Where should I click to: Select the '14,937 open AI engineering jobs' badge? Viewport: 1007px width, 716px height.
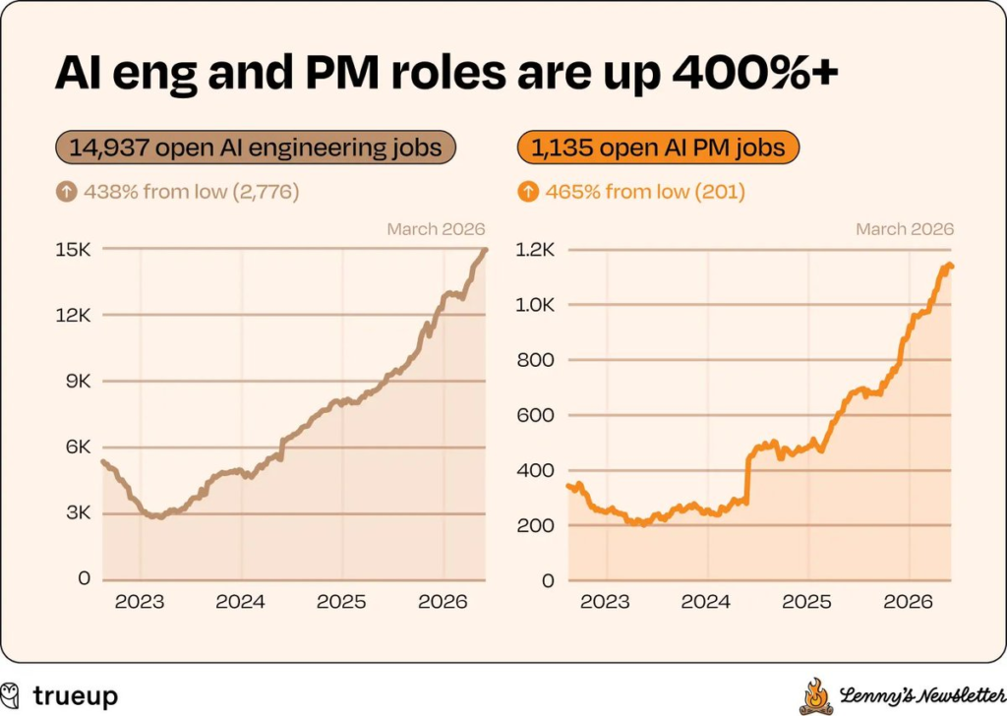(255, 148)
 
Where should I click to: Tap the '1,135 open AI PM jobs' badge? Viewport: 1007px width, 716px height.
(658, 148)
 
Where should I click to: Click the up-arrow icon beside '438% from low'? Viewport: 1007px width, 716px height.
(66, 192)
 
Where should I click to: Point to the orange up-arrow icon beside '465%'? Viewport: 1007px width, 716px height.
(528, 192)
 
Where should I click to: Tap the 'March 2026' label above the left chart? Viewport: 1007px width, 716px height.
(436, 229)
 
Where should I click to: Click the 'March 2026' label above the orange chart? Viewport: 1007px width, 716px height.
(905, 229)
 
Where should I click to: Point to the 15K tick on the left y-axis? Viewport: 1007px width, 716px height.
(72, 250)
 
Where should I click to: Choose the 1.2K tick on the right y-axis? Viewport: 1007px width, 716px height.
(536, 250)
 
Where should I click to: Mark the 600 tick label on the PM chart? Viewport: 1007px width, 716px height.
(536, 415)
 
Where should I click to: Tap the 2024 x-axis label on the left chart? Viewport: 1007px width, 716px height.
(242, 602)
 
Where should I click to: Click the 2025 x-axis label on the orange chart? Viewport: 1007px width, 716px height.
(806, 602)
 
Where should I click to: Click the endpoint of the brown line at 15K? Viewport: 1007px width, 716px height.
(484, 250)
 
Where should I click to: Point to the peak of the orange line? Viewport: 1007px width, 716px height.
(946, 265)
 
